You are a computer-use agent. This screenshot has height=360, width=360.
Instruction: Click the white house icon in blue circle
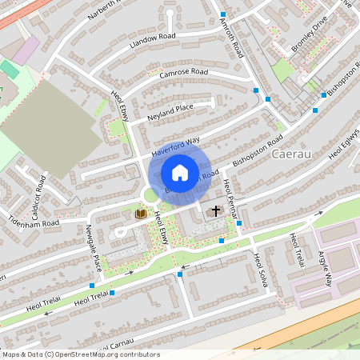(x=180, y=172)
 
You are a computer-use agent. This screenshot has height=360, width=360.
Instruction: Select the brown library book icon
(x=142, y=214)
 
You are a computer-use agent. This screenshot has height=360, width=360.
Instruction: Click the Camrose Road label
(x=183, y=73)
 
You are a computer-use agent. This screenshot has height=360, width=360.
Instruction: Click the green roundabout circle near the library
(x=150, y=194)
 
